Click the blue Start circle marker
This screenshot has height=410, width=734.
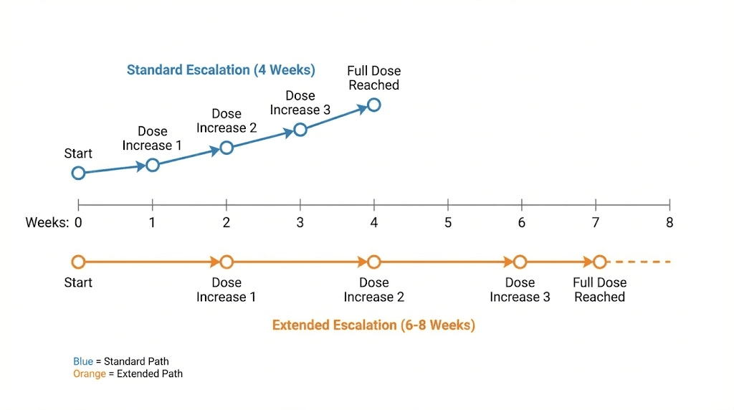point(78,173)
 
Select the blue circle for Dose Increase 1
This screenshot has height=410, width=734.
point(152,165)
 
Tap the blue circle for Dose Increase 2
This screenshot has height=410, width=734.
point(227,148)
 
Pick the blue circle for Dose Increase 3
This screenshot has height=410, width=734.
point(300,130)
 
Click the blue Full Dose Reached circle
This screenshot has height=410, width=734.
point(373,105)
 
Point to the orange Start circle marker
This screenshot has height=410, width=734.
point(78,262)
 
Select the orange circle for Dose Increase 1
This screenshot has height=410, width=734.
point(227,262)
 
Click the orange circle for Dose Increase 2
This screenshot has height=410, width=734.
point(373,262)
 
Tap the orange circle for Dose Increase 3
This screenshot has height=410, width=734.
point(520,262)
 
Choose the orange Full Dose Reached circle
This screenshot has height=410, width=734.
point(599,262)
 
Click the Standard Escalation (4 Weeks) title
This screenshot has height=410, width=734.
point(221,70)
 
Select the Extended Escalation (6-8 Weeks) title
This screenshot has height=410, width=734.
point(373,325)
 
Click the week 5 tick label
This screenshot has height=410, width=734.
point(448,223)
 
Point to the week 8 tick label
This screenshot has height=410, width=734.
point(669,223)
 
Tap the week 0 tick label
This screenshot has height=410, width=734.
point(78,223)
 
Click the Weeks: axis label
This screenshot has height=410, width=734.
point(47,223)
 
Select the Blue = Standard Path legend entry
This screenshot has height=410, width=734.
point(121,361)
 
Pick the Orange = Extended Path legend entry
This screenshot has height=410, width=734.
point(128,373)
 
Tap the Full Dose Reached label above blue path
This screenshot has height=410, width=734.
point(373,78)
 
